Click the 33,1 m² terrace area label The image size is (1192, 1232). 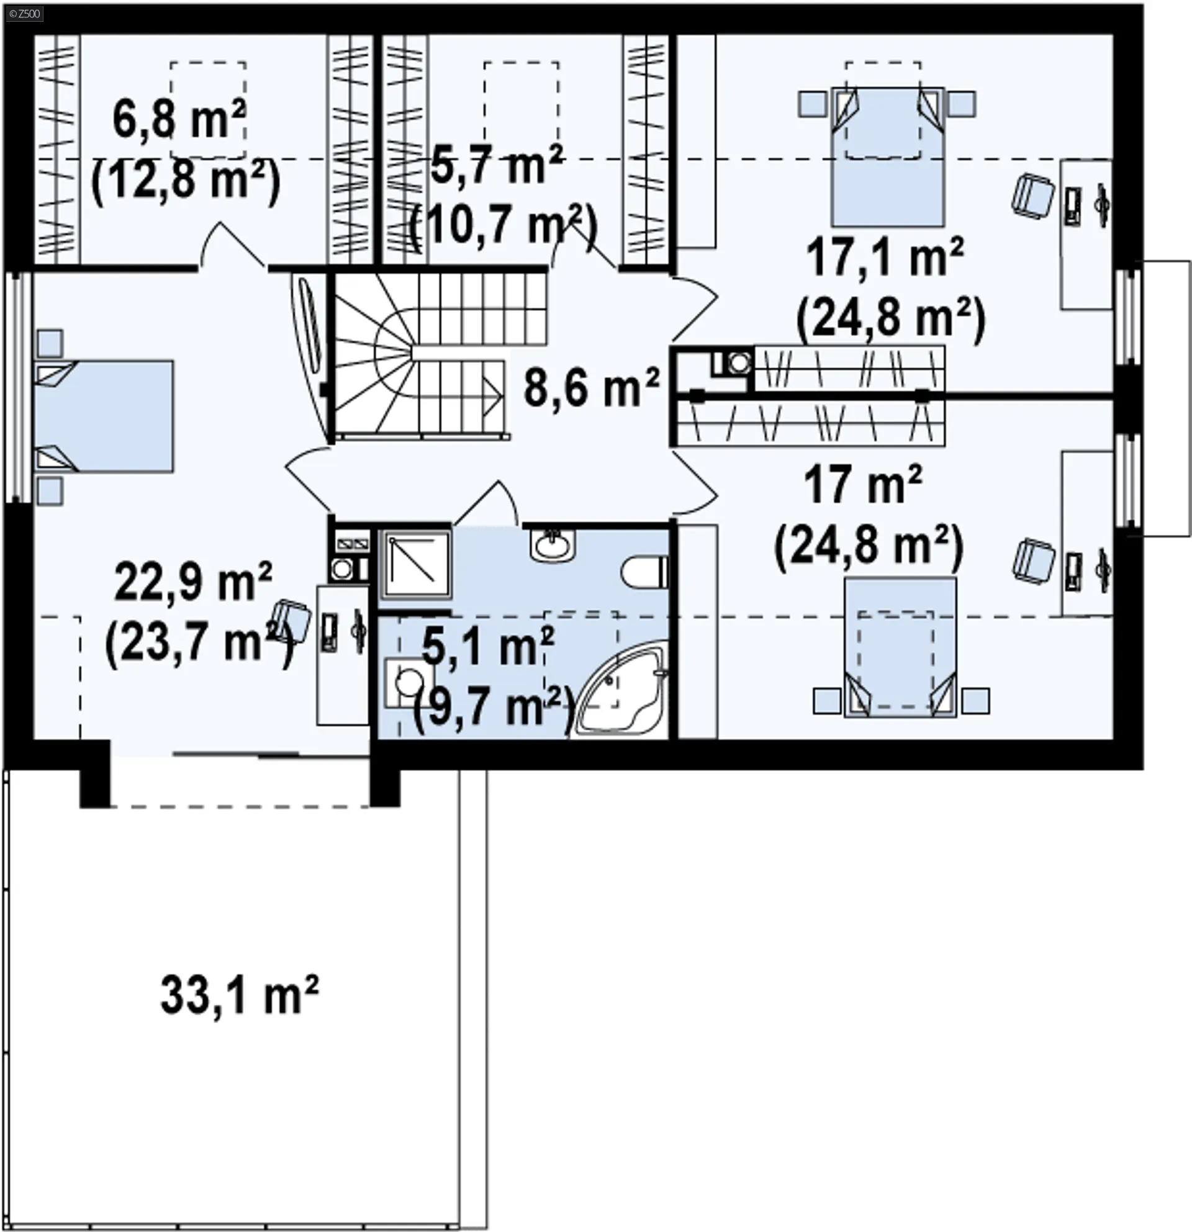click(x=240, y=995)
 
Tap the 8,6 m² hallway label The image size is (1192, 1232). click(x=592, y=388)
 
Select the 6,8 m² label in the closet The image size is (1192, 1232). click(x=180, y=119)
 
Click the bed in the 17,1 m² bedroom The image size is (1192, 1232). click(x=888, y=156)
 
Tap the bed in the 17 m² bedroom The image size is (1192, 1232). click(x=900, y=647)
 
